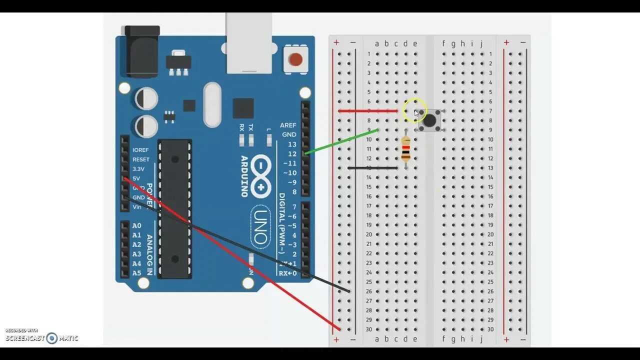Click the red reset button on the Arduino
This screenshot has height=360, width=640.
295,60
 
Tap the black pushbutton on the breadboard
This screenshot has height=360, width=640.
429,120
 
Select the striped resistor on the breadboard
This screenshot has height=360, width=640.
405,149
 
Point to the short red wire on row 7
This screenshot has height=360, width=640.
367,111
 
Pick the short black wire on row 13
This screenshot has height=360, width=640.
372,168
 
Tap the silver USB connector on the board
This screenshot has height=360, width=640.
248,42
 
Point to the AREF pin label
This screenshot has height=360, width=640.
288,125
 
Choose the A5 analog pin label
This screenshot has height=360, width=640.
136,273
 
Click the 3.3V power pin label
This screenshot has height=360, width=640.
138,169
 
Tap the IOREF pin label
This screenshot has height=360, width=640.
140,150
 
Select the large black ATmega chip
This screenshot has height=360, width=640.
175,208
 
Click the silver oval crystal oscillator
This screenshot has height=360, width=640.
212,104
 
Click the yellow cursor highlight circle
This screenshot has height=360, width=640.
414,110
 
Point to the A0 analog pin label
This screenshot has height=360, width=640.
136,226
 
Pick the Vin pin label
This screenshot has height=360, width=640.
136,207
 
